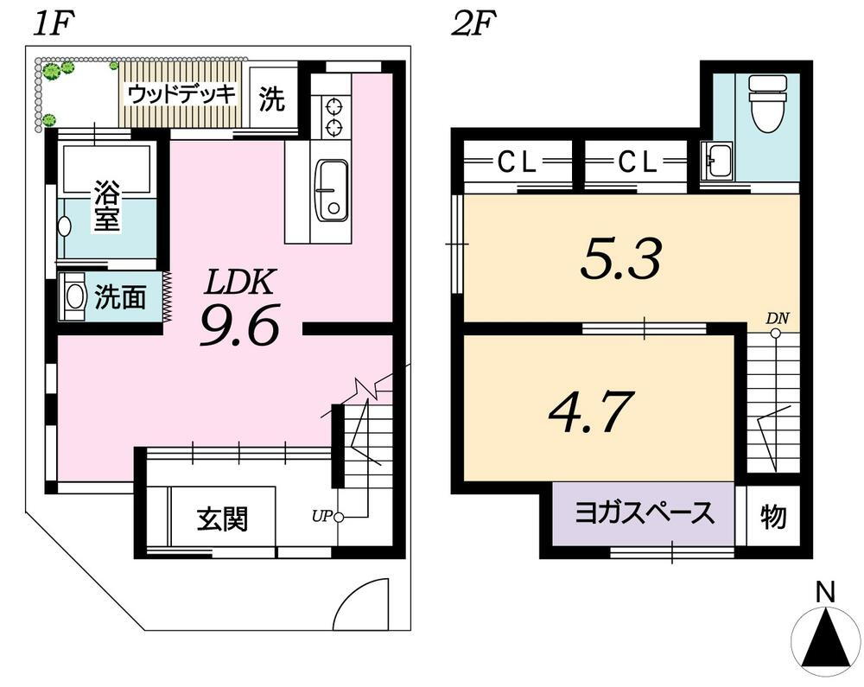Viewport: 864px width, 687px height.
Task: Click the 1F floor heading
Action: (53, 25)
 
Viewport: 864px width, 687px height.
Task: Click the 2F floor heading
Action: (473, 25)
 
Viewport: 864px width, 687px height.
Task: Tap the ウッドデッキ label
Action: (181, 95)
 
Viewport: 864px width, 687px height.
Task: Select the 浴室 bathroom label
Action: (106, 206)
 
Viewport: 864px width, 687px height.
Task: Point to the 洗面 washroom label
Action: (120, 297)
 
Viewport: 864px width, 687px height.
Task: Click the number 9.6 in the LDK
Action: (240, 325)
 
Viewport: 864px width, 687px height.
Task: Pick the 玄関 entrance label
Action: (223, 519)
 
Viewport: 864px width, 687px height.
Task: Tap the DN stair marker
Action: (778, 318)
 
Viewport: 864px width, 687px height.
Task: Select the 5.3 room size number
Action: (620, 259)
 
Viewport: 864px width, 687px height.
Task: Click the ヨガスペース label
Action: (645, 513)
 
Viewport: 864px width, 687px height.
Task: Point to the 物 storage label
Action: (773, 517)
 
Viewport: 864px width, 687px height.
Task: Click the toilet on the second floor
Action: (766, 104)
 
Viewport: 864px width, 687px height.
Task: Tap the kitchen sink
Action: (331, 191)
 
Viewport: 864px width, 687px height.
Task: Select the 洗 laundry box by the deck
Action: (272, 98)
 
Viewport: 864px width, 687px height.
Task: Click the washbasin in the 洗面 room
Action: (73, 297)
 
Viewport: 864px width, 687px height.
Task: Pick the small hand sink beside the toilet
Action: (717, 160)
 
